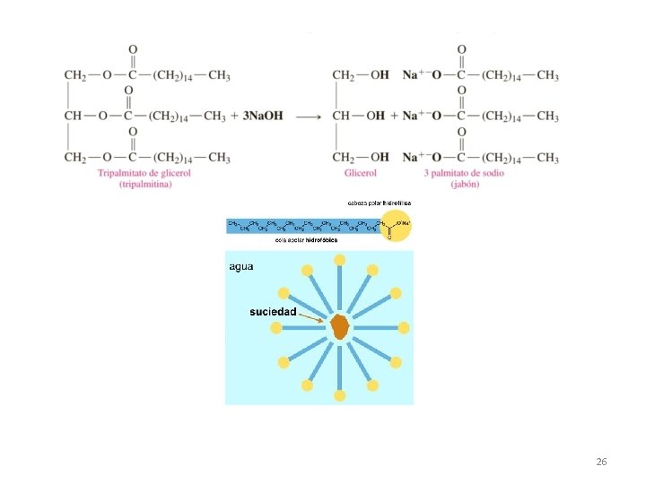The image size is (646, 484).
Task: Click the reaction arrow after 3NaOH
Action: (309, 117)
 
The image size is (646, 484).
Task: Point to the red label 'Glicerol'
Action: (360, 173)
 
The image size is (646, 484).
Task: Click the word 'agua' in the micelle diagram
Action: (241, 266)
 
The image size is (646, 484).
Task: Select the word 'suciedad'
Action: (272, 312)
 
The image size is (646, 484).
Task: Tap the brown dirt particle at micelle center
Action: (339, 327)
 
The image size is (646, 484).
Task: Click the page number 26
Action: (601, 462)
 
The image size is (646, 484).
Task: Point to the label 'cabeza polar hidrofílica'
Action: (379, 203)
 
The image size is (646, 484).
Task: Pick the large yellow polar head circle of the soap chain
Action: (392, 224)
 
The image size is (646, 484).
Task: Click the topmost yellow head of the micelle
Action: (339, 260)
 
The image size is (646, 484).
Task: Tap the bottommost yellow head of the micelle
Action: (339, 395)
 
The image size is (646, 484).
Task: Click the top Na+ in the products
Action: (412, 75)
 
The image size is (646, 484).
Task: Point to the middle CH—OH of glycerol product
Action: (358, 117)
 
